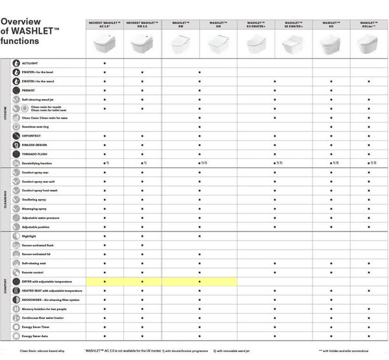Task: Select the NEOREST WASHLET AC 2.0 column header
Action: pos(104,24)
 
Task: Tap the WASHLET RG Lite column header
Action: pos(369,24)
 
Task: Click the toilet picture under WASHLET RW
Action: pos(180,44)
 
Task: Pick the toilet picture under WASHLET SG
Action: pos(331,44)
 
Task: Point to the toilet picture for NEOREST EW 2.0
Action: pos(143,44)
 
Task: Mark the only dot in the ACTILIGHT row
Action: pos(104,63)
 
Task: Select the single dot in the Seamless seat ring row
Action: pos(199,126)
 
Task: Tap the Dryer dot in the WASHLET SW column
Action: pos(199,282)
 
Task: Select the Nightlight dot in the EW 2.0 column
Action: pos(143,236)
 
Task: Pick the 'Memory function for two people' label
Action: pos(45,309)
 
